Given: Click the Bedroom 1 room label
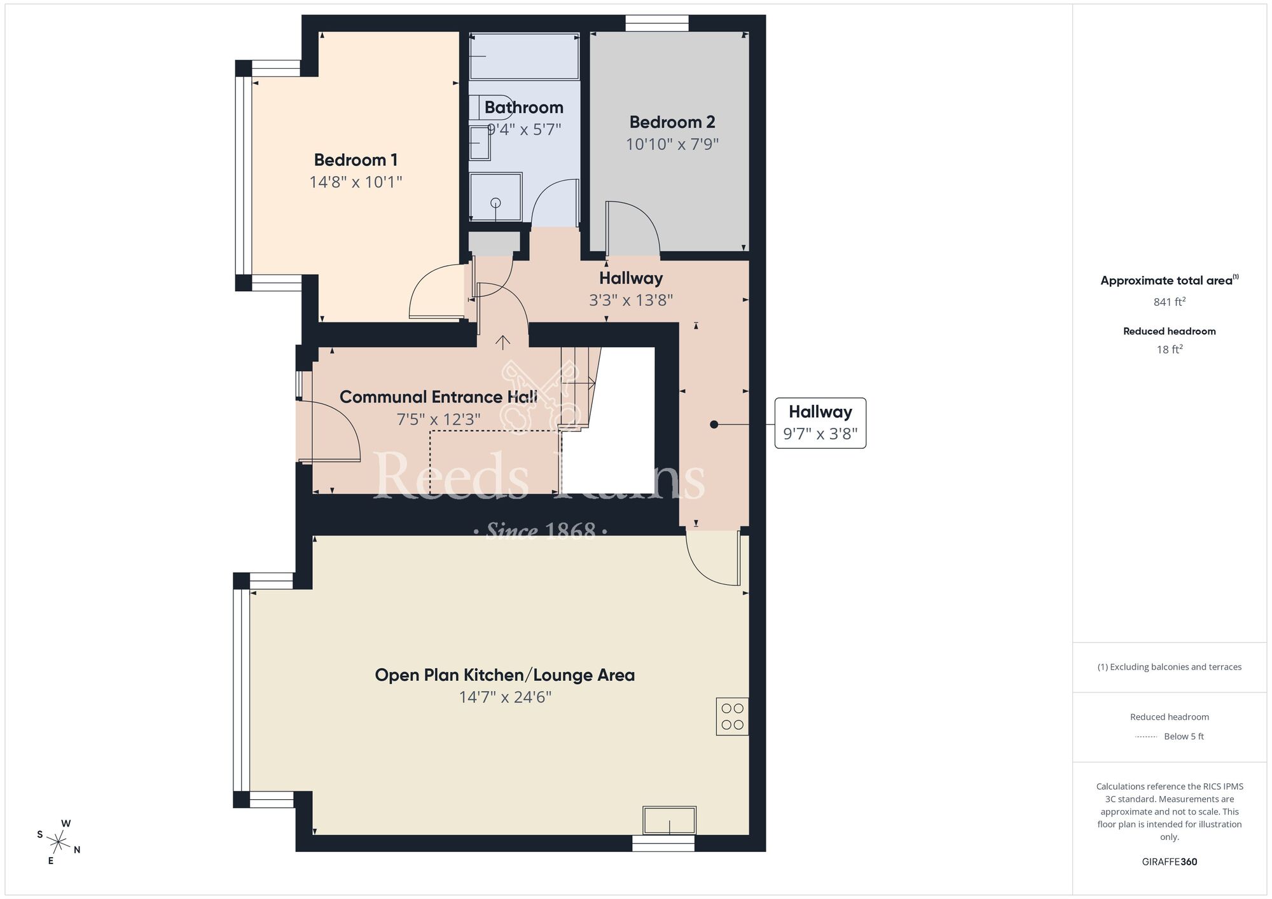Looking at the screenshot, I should point(356,160).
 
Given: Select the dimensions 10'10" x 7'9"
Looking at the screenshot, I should point(672,144).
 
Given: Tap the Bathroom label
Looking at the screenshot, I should point(523,107).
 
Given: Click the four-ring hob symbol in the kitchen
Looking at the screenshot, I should point(732,717).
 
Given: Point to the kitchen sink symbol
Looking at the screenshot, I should point(669,820).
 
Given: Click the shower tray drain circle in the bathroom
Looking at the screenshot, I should point(495,203).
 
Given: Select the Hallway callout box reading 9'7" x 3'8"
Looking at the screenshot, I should point(820,423).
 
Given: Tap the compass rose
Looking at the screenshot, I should point(59,843).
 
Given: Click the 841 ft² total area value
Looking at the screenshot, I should point(1169,302).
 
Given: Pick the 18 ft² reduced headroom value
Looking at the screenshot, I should point(1169,349).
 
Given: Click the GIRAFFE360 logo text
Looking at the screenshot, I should point(1169,862).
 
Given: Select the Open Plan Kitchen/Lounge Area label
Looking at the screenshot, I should point(504,675).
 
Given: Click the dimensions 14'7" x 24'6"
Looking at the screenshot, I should point(504,697).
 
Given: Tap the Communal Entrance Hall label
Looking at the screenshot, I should point(438,397).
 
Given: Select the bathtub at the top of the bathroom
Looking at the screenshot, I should point(524,56).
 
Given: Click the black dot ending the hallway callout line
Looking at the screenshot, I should point(714,424).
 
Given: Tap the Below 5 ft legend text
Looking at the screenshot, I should point(1184,736).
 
